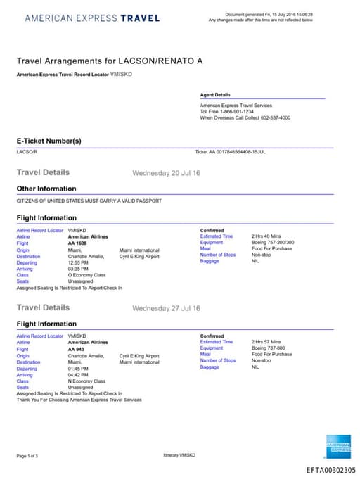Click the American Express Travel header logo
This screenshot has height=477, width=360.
coord(92,18)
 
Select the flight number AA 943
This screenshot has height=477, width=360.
coord(75,349)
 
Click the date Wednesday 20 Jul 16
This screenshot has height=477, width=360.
coord(166,173)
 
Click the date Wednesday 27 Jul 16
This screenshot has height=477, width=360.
coord(166,308)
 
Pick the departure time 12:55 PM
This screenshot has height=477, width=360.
coord(78,262)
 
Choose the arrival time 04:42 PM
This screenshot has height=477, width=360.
coord(78,375)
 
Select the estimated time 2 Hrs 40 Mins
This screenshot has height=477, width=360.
coord(268,236)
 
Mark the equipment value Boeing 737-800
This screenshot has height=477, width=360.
coord(269,348)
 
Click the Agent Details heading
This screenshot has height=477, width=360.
coord(214,95)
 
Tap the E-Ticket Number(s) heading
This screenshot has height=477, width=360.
coord(49,141)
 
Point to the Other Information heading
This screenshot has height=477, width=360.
coord(46,189)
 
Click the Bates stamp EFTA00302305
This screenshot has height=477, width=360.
coord(330,470)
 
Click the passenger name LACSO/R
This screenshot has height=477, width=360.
coord(27,151)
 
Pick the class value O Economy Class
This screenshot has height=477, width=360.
coord(86,275)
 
